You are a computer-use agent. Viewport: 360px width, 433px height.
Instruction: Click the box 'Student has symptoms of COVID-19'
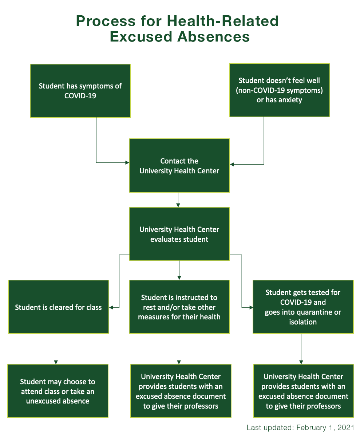coord(80,91)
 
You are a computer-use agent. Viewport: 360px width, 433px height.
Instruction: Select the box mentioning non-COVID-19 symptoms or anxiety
coord(279,90)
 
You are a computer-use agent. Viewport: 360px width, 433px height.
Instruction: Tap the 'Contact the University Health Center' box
coord(179,165)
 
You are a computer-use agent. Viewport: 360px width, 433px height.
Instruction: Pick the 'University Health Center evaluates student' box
coord(179,234)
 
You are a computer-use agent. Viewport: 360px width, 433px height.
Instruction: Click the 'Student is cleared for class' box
coord(58,307)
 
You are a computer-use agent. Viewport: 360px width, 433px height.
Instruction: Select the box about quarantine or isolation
coord(303,307)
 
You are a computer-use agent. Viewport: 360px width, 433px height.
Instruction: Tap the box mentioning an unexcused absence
coord(58,391)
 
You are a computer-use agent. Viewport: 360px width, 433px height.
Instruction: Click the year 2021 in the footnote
coord(345,428)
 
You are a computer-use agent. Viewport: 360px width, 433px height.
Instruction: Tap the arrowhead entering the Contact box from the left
coord(127,162)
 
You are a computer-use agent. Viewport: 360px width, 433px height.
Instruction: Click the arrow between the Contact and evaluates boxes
coord(178,200)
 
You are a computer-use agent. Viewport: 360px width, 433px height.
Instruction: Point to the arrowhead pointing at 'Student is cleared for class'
coord(111,307)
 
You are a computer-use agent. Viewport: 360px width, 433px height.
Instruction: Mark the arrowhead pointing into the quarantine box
coord(251,307)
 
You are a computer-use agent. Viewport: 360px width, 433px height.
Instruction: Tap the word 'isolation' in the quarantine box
coord(303,322)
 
